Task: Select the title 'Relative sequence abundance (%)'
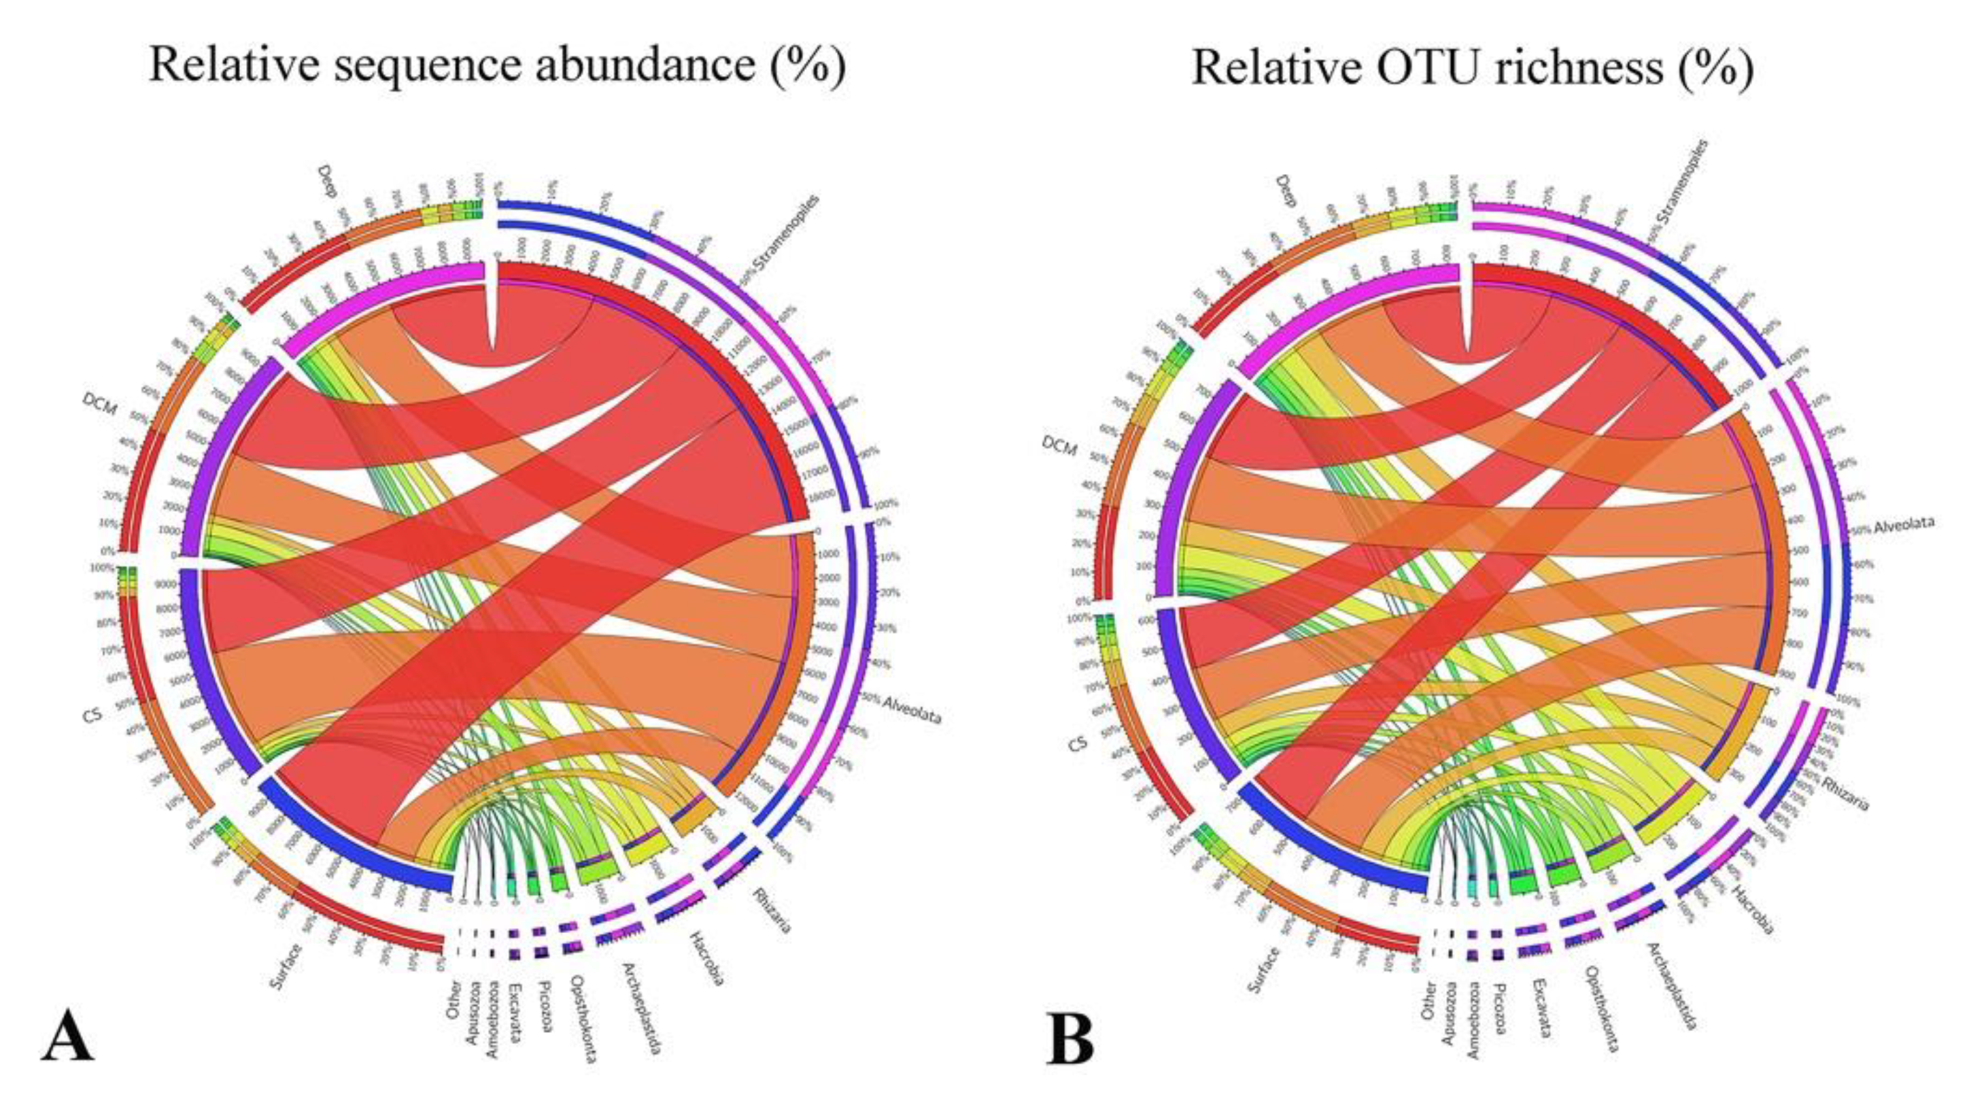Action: (497, 66)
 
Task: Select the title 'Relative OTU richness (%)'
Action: (1472, 67)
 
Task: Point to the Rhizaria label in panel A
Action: (772, 911)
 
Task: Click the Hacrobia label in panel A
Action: (707, 957)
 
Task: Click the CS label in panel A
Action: (92, 716)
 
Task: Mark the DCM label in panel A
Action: (100, 405)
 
